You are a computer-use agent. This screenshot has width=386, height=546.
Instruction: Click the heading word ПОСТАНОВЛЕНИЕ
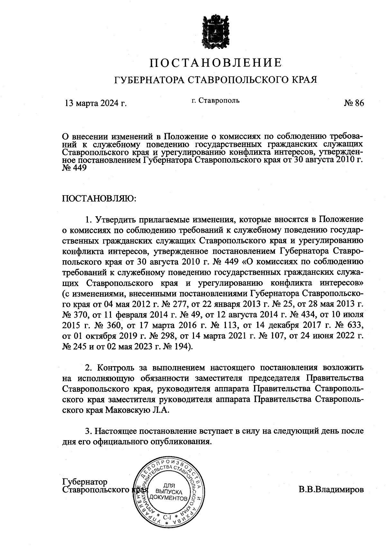pos(216,62)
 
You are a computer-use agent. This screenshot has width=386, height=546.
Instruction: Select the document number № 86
pos(354,103)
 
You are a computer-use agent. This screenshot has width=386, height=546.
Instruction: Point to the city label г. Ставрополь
pos(216,101)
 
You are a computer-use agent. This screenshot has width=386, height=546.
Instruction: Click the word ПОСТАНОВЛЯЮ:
pos(99,198)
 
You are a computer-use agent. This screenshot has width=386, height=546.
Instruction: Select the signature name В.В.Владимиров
pos(331,490)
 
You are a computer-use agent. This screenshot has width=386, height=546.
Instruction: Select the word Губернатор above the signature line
pos(84,482)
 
